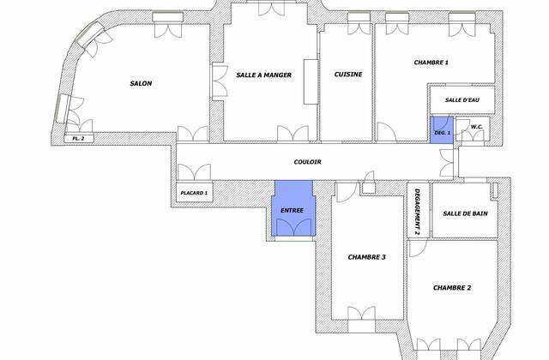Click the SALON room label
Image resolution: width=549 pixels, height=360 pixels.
click(x=141, y=83)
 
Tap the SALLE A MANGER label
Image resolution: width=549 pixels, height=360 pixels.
click(x=264, y=75)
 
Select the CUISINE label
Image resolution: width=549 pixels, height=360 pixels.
click(x=347, y=75)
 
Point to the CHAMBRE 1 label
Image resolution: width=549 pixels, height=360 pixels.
click(x=431, y=63)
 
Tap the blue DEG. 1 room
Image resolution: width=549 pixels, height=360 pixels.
click(x=442, y=130)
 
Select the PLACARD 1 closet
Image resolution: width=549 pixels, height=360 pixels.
click(x=195, y=194)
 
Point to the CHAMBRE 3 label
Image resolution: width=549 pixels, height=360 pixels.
click(x=366, y=256)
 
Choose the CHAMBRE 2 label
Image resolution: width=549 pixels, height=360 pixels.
click(x=451, y=287)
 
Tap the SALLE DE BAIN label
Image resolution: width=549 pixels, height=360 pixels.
click(x=465, y=213)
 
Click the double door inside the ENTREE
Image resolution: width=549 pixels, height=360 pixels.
click(x=293, y=225)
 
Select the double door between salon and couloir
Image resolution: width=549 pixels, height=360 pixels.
click(x=192, y=135)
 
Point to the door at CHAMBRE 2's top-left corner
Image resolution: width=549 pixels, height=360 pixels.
click(x=417, y=249)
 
